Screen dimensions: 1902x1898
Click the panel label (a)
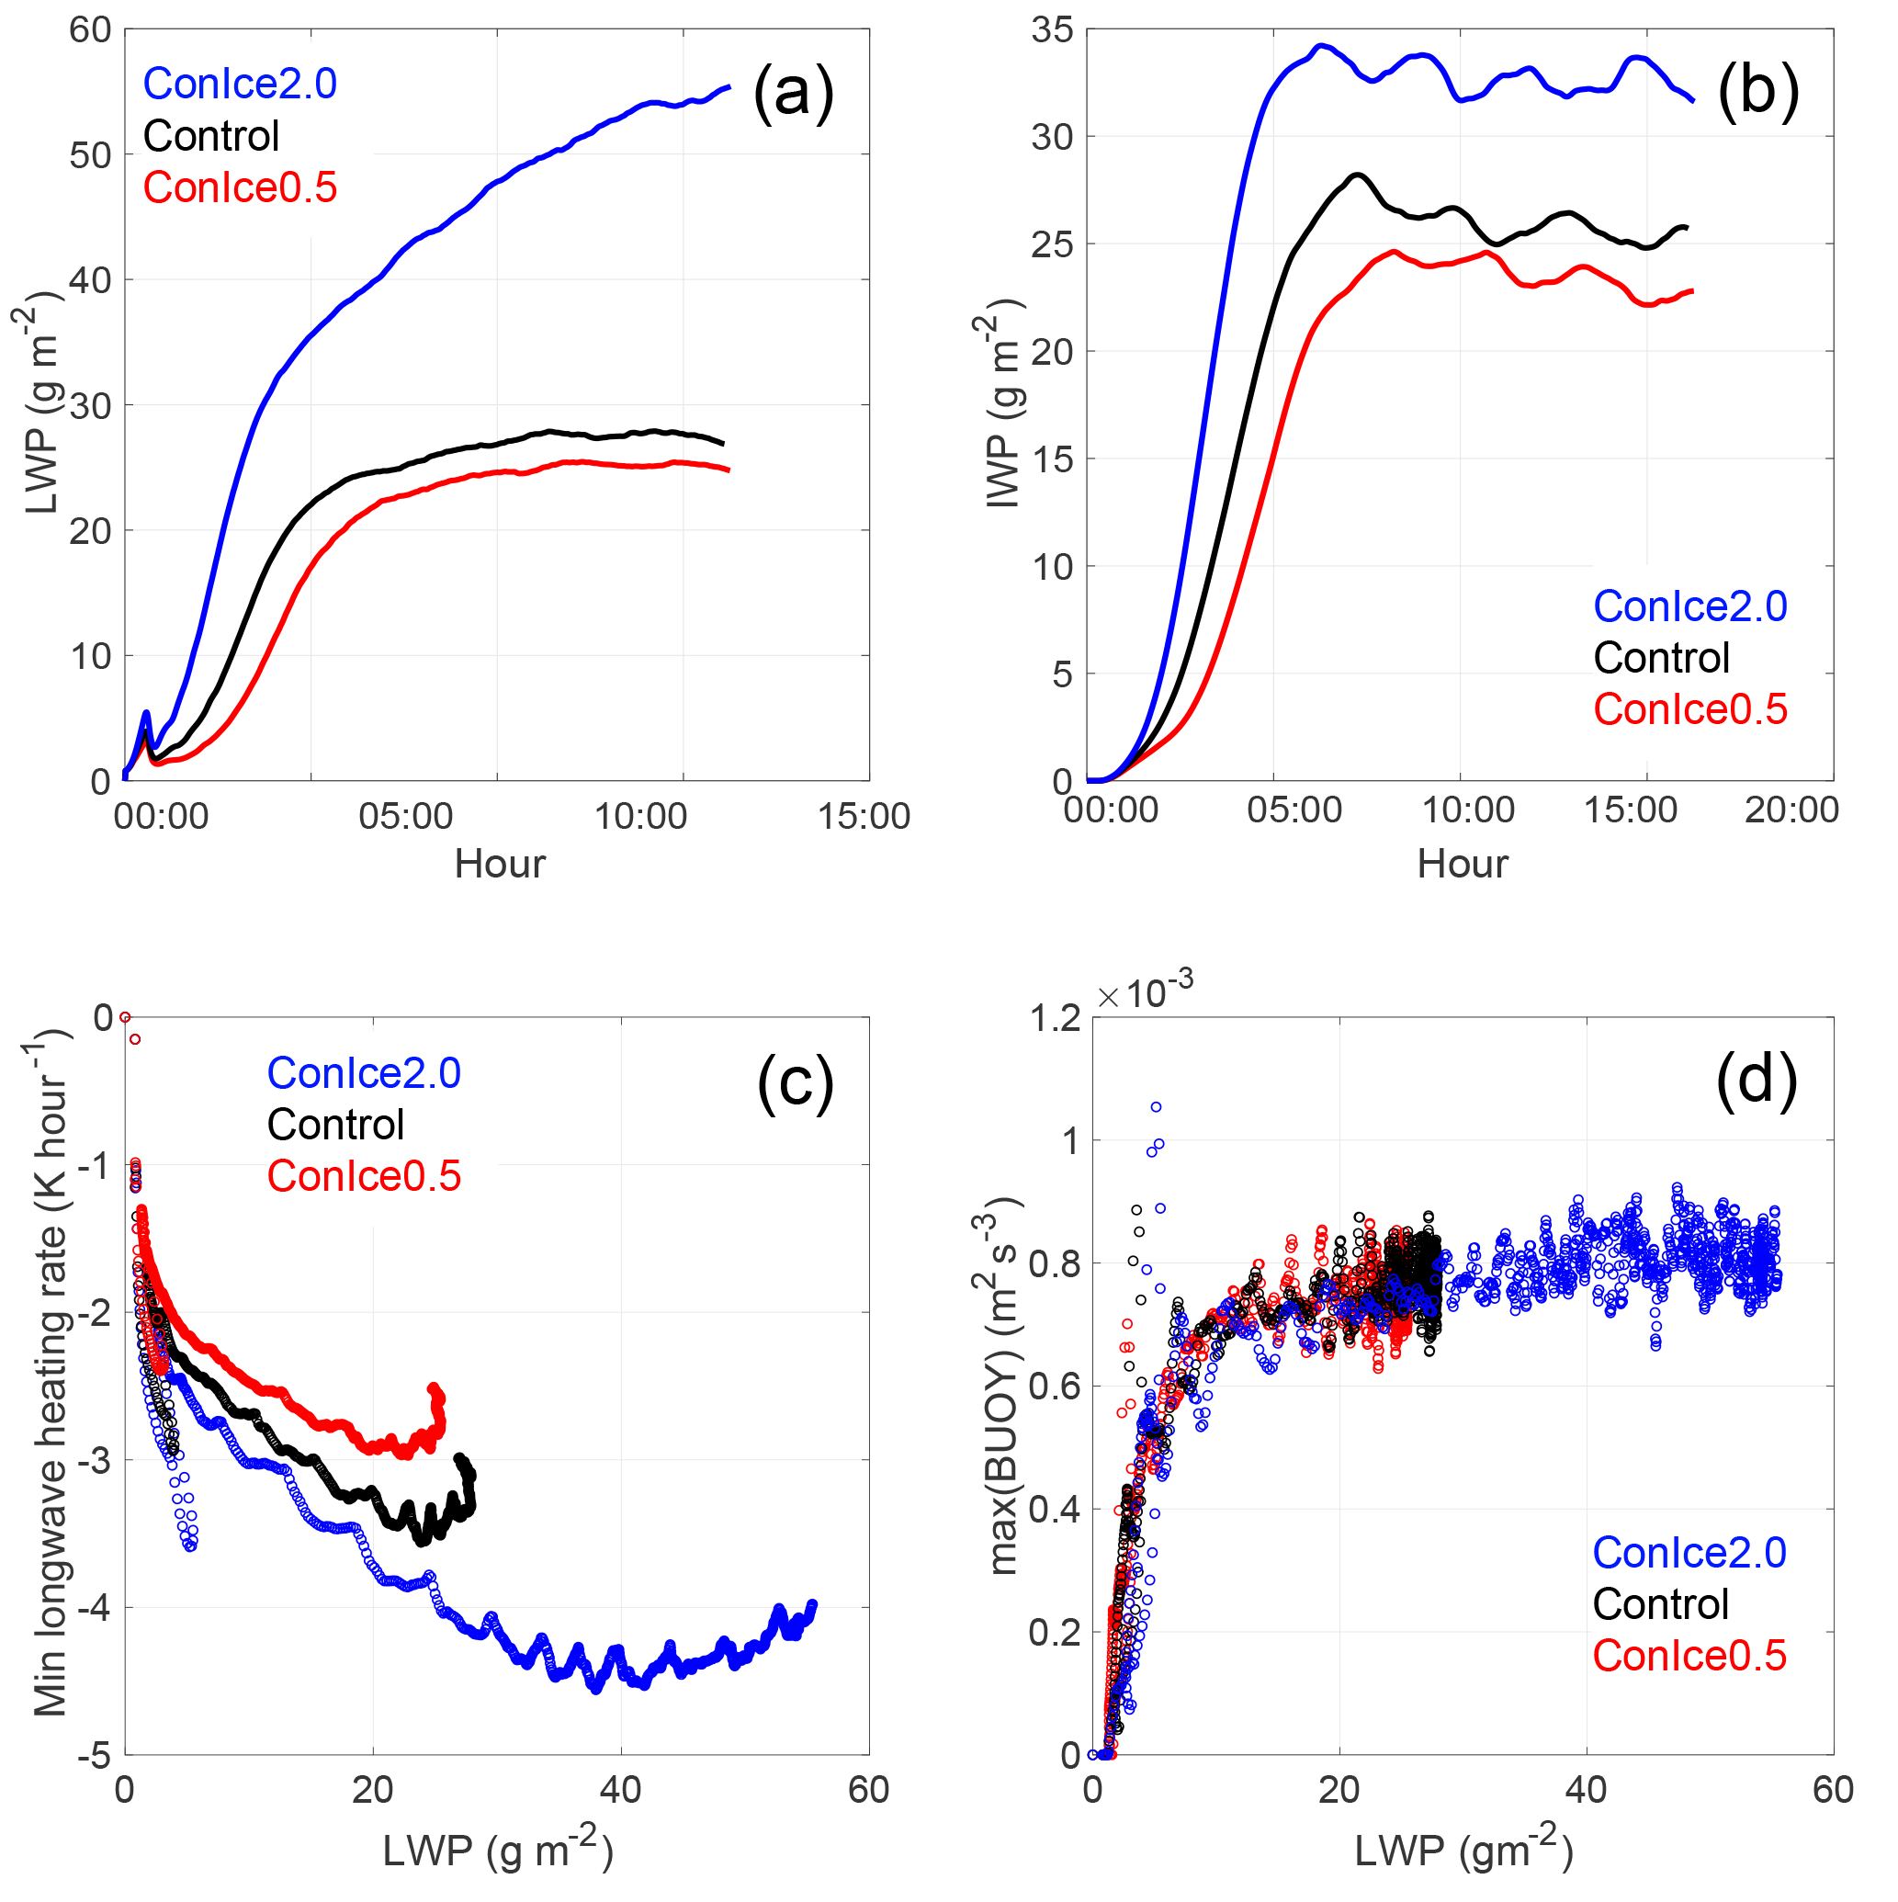[x=794, y=94]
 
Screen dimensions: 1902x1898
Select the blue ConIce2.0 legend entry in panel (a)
[x=239, y=84]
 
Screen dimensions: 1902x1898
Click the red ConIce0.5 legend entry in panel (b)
[x=1689, y=709]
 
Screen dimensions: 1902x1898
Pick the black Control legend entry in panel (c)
[x=334, y=1125]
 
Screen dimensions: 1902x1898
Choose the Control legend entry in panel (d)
[x=1660, y=1603]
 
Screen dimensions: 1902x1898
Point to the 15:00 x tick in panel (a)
[x=864, y=816]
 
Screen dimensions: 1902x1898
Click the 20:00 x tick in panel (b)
[x=1791, y=810]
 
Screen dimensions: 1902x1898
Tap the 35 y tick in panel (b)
[x=1051, y=30]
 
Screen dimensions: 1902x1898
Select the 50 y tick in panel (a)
[x=90, y=155]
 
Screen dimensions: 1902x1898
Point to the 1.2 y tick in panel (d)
[x=1055, y=1019]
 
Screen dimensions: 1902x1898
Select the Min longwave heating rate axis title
[x=51, y=1374]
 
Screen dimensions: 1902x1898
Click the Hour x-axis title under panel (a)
[x=499, y=865]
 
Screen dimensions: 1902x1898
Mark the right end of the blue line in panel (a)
[x=728, y=87]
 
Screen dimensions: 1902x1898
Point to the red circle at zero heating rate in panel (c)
[x=125, y=1017]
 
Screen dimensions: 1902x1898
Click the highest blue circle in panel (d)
[x=1156, y=1107]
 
